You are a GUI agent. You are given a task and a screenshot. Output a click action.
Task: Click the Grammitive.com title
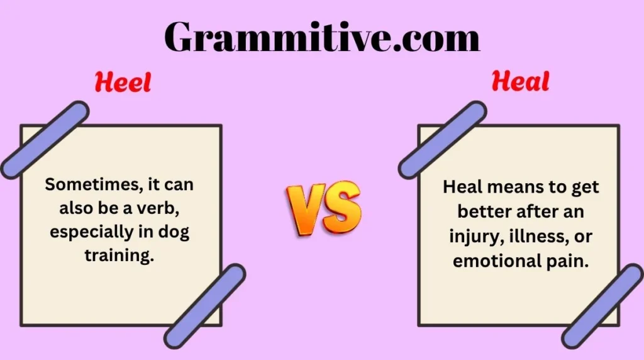322,38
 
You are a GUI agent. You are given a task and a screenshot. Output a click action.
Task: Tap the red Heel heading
123,82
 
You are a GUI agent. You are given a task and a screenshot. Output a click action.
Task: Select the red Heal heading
520,81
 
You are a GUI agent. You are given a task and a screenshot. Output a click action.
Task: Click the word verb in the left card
175,208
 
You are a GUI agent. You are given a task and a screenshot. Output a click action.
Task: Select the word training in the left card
119,256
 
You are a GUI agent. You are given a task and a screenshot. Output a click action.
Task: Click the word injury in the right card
474,237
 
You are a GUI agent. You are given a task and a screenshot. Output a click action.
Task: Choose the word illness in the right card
534,237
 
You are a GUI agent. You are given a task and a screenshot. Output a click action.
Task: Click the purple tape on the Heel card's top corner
45,139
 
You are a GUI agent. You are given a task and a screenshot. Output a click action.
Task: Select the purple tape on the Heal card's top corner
443,139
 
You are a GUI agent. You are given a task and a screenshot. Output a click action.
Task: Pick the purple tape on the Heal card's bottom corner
603,306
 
